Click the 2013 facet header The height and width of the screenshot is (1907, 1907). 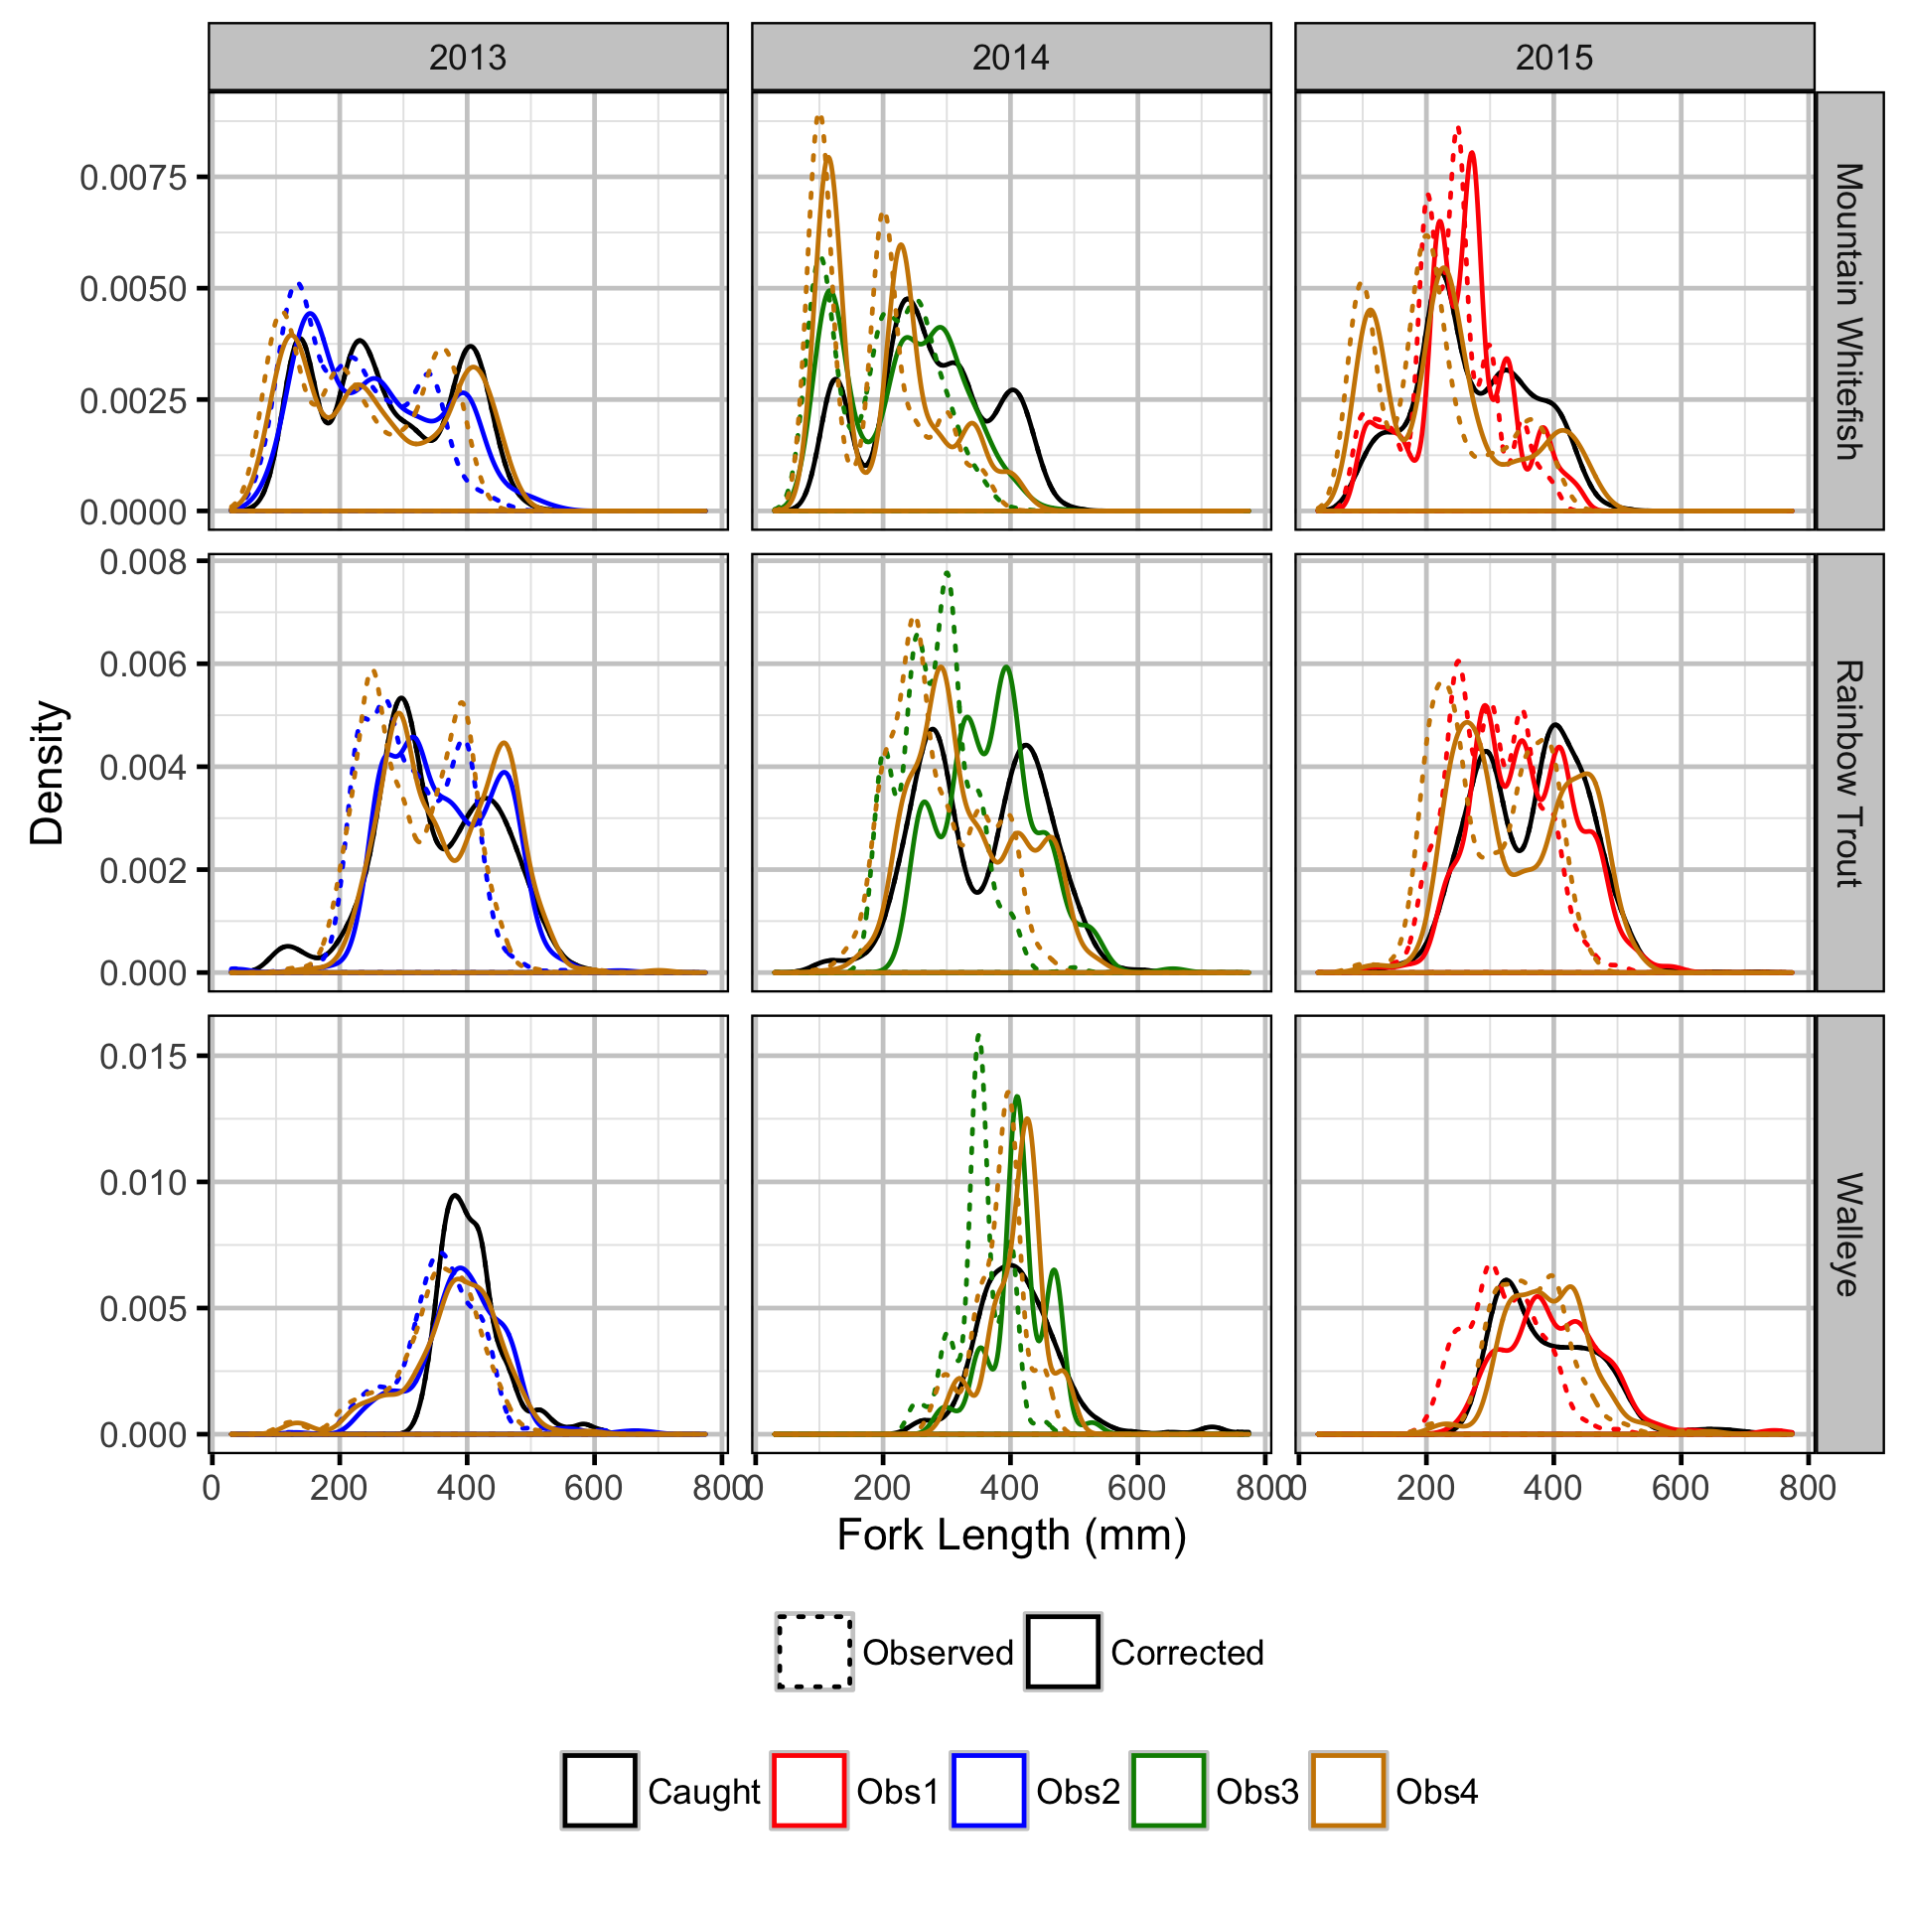[x=468, y=58]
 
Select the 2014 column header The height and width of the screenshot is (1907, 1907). [x=1010, y=58]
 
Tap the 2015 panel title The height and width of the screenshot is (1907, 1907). [x=1553, y=58]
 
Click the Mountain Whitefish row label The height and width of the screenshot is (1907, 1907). [x=1848, y=311]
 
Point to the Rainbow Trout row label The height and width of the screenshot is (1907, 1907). [x=1848, y=773]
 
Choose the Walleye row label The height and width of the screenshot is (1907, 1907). [x=1848, y=1234]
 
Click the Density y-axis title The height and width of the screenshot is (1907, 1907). [x=47, y=773]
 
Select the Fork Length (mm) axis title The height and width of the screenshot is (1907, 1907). [x=1011, y=1536]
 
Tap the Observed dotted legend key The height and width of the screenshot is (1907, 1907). [x=814, y=1652]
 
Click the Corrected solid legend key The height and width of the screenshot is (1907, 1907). [x=1063, y=1652]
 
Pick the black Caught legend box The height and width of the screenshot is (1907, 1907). [x=599, y=1791]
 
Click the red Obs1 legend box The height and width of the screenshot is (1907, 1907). [x=808, y=1791]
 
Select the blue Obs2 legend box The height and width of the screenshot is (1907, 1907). [x=988, y=1791]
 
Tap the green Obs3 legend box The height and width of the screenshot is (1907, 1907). [x=1168, y=1791]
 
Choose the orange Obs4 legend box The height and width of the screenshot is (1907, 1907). [x=1347, y=1791]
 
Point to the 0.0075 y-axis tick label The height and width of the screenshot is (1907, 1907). [x=133, y=178]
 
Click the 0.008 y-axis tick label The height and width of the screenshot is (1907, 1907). [x=143, y=562]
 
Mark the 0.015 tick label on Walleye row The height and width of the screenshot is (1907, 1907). [x=143, y=1056]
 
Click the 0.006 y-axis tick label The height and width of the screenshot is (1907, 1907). [x=143, y=664]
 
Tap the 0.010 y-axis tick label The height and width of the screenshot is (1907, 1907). [x=143, y=1182]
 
